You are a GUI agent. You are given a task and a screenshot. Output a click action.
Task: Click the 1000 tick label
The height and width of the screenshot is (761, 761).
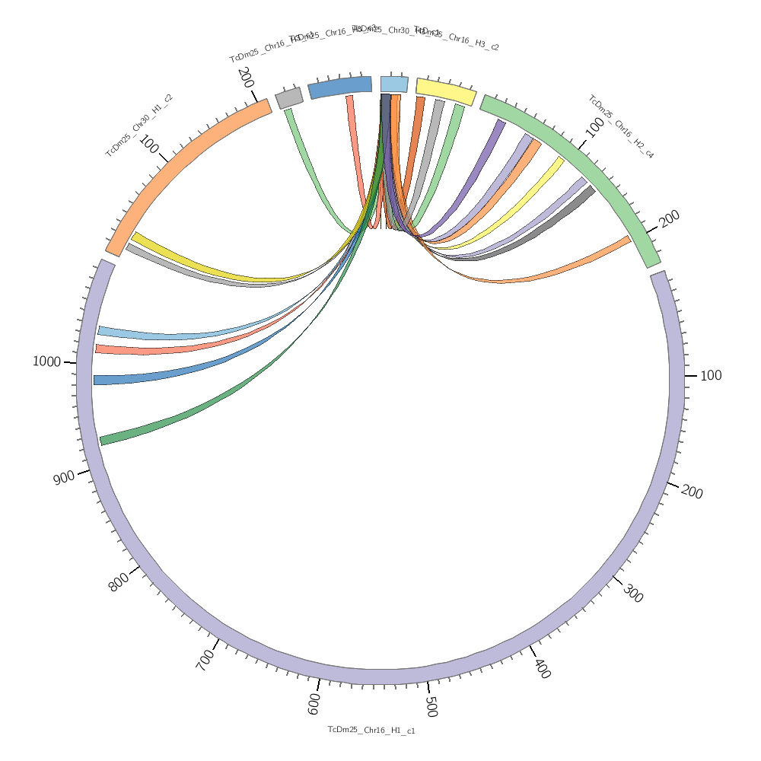46,361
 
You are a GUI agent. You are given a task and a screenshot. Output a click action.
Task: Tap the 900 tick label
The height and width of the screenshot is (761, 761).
64,477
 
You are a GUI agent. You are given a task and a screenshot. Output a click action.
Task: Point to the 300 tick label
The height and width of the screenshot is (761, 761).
632,594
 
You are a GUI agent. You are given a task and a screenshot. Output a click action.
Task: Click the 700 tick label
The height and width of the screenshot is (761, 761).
205,661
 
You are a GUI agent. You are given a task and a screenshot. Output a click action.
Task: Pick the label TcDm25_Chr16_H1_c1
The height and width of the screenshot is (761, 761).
371,730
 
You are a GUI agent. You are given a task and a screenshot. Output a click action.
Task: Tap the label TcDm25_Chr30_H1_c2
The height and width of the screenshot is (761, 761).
139,125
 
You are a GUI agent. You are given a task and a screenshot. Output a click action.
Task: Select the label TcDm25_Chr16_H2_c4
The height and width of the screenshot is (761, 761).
620,127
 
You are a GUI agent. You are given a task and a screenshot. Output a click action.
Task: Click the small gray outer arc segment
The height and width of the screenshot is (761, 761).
289,97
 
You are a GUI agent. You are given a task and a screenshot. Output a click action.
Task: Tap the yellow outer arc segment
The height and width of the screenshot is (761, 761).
445,91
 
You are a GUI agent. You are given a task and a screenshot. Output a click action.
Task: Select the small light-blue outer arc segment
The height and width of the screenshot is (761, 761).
394,84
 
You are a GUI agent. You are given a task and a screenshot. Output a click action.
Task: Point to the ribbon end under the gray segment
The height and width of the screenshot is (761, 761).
289,113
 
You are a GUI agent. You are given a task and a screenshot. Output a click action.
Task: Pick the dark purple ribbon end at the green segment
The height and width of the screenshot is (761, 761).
500,123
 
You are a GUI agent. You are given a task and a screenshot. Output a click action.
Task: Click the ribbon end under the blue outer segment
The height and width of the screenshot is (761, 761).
350,99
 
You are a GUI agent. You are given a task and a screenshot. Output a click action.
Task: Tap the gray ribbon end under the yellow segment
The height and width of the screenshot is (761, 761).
439,103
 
